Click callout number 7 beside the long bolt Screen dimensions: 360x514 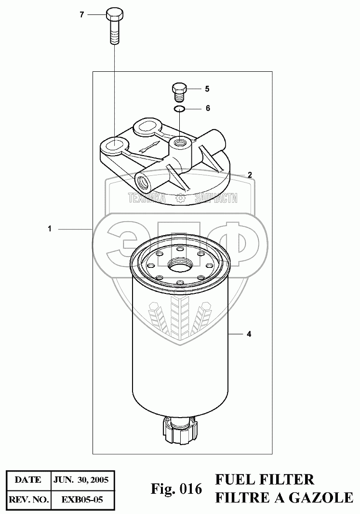click(x=82, y=15)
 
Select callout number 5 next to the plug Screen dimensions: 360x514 click(x=207, y=89)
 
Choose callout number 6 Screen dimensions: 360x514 click(x=208, y=108)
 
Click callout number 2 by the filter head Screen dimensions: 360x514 click(x=250, y=175)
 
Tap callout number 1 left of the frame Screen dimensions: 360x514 click(x=50, y=229)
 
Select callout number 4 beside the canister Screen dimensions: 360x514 click(x=249, y=334)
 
